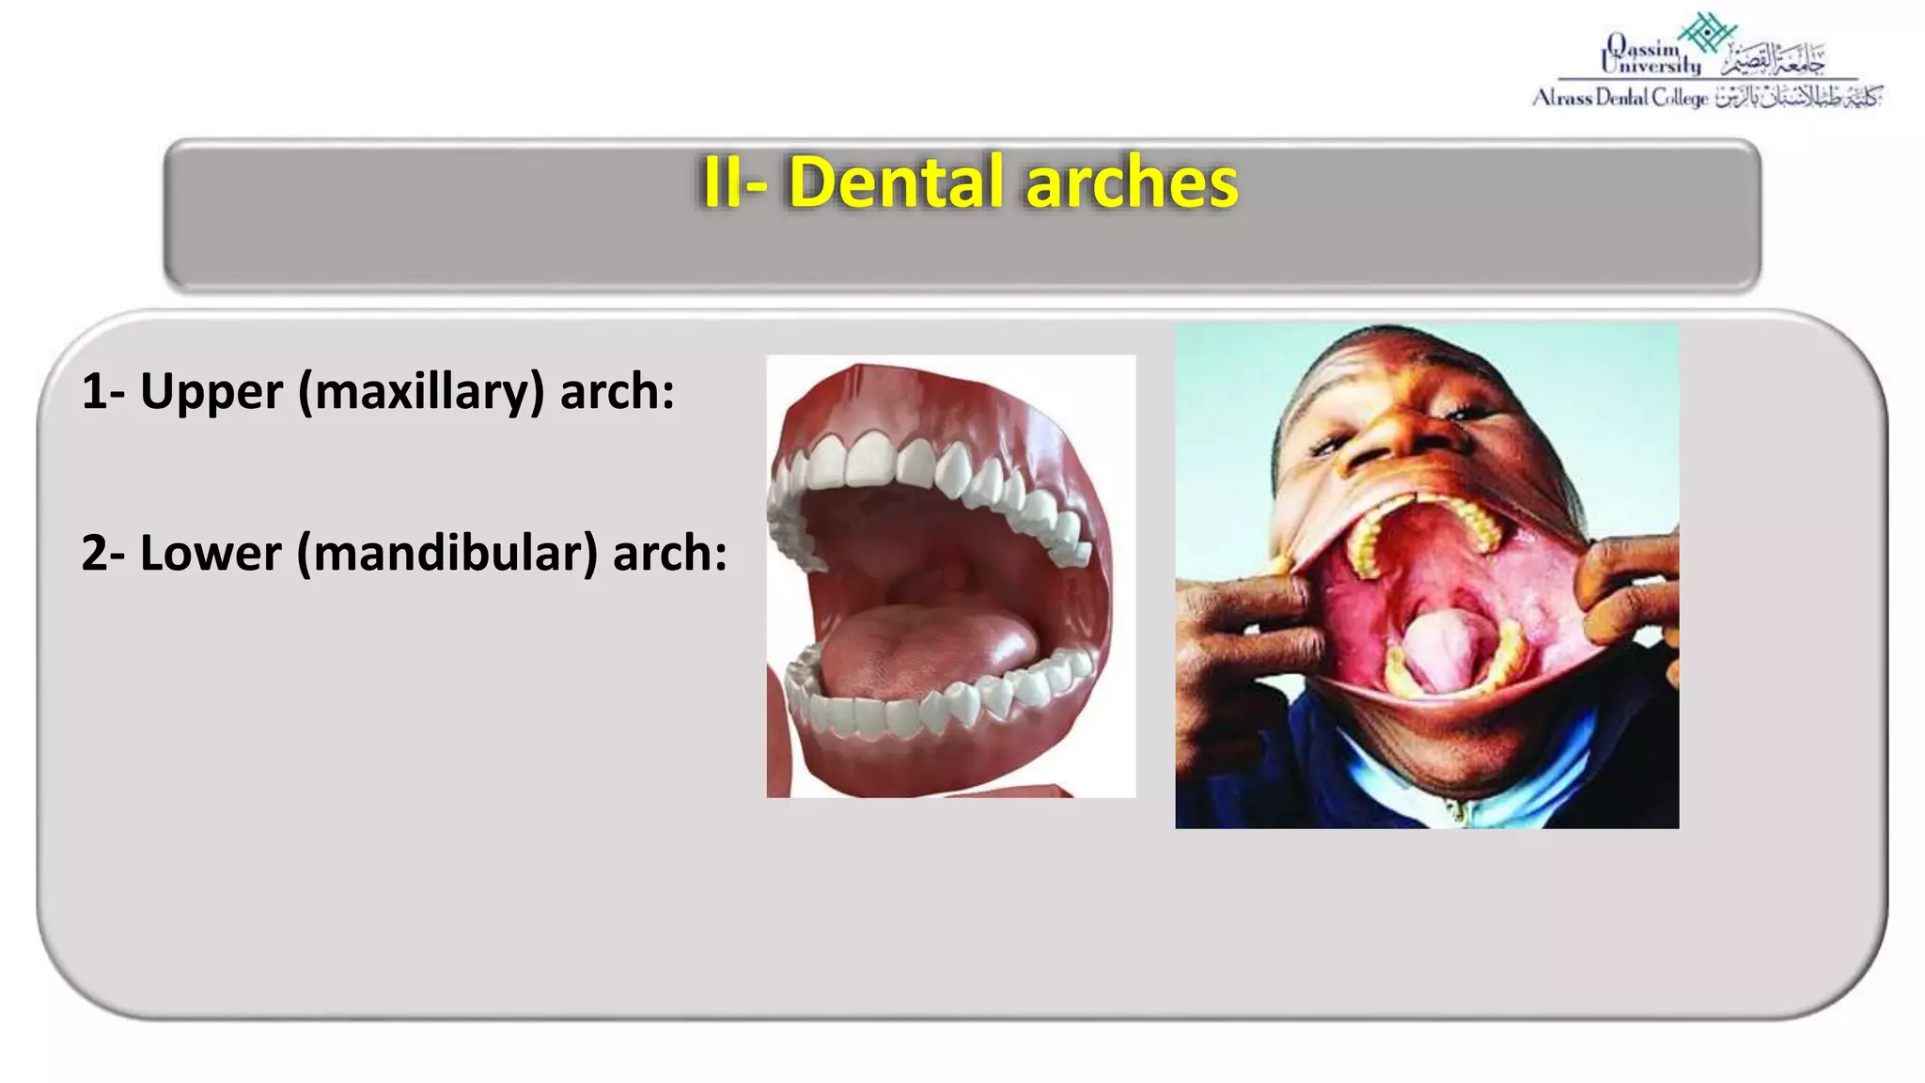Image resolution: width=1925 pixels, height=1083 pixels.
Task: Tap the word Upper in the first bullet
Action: click(211, 391)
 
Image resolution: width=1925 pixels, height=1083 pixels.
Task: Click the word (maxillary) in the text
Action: click(421, 393)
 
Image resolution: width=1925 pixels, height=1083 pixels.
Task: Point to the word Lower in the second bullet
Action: click(211, 553)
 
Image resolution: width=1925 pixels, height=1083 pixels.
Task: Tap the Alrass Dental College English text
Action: click(1619, 98)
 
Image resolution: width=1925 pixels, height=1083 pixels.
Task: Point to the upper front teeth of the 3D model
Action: click(869, 461)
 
